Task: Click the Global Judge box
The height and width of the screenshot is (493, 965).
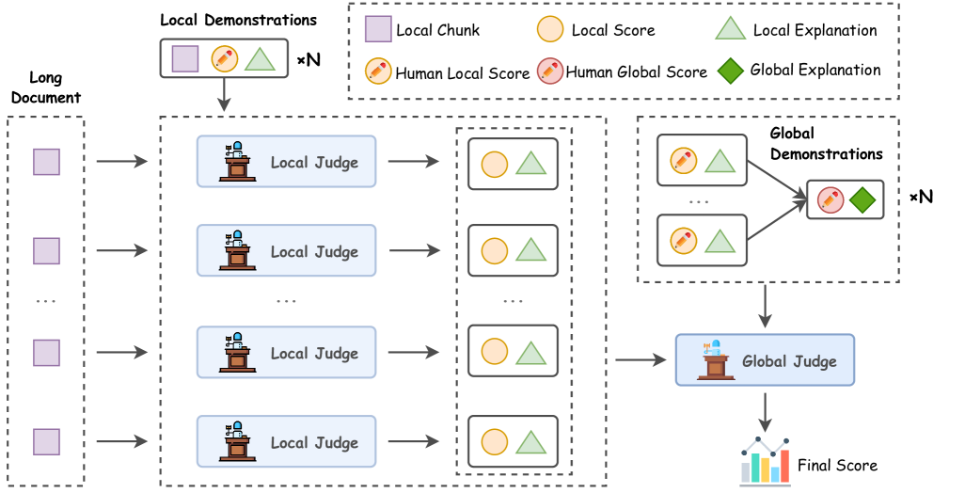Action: click(765, 359)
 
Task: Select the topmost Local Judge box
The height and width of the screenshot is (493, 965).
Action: click(286, 162)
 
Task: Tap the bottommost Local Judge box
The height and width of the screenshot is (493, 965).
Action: click(286, 441)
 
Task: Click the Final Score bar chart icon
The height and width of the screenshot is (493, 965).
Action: click(765, 461)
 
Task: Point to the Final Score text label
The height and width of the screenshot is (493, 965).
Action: click(837, 465)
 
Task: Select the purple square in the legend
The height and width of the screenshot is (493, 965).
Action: click(377, 30)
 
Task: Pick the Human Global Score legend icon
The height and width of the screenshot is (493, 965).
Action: click(549, 72)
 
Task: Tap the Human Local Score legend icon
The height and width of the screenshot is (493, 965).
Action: click(377, 72)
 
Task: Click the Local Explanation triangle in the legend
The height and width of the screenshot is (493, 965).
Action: click(730, 30)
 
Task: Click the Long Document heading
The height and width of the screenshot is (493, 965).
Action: click(55, 88)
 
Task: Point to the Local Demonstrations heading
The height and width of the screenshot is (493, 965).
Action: click(238, 20)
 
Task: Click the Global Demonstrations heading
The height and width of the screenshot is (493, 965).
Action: click(826, 143)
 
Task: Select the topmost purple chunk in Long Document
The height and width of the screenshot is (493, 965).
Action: click(46, 162)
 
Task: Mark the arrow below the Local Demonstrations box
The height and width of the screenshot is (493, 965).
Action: click(225, 95)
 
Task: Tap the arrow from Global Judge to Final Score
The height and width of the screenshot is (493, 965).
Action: click(767, 407)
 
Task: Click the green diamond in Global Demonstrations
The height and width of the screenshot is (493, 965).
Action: click(861, 199)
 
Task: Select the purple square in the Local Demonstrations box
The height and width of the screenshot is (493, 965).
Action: click(185, 58)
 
